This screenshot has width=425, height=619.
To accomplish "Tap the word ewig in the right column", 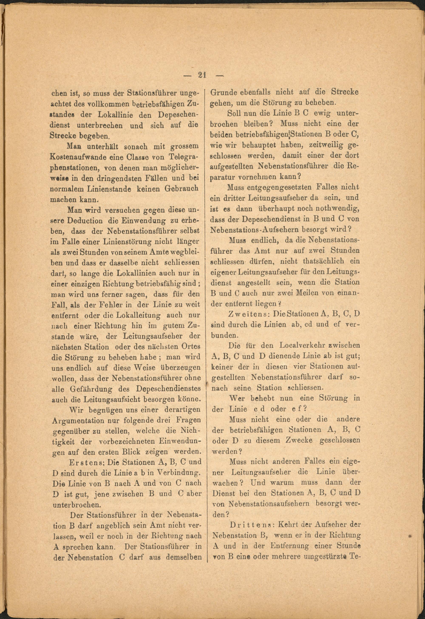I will (322, 113).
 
